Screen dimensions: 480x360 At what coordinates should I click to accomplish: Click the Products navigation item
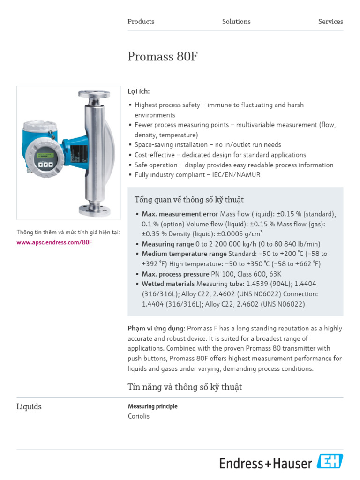(141, 22)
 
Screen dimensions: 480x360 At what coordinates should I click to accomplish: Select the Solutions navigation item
(236, 22)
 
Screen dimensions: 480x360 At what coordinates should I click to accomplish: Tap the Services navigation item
(330, 22)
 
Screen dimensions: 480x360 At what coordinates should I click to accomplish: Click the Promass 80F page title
(163, 57)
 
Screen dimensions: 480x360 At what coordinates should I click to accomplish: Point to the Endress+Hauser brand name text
(265, 464)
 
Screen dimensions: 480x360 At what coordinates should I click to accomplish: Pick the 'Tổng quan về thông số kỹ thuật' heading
(189, 200)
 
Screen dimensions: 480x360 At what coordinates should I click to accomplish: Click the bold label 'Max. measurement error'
(180, 214)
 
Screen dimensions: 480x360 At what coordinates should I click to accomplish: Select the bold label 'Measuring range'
(168, 244)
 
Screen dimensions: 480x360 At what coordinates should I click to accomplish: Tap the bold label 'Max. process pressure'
(176, 274)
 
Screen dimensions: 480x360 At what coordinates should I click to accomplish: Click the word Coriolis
(139, 416)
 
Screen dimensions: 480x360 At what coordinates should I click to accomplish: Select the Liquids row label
(29, 407)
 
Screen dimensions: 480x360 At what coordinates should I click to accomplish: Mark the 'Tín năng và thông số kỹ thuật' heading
(185, 387)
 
